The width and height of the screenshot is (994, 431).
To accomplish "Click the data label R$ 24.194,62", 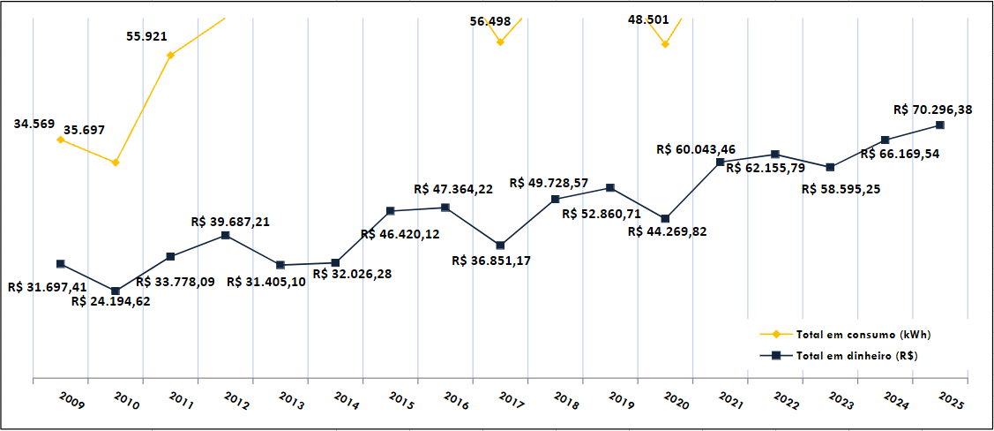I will coord(110,302).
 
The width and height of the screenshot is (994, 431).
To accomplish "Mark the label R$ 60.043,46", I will coord(697,149).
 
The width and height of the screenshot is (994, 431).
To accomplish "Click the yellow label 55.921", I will coord(147,37).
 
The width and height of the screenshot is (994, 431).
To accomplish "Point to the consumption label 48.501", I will coord(648,19).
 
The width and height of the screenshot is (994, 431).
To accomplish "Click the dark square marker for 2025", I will coord(940,125).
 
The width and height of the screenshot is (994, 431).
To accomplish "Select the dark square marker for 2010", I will coord(116,291).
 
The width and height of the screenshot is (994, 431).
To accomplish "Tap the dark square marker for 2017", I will coord(500,245).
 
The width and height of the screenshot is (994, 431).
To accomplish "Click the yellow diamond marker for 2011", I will coord(170,56).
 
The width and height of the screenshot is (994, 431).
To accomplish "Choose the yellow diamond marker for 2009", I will coord(60,140).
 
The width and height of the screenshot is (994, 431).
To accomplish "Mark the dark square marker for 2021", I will coord(721,163).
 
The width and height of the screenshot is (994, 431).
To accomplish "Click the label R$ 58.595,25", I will coord(841,189).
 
